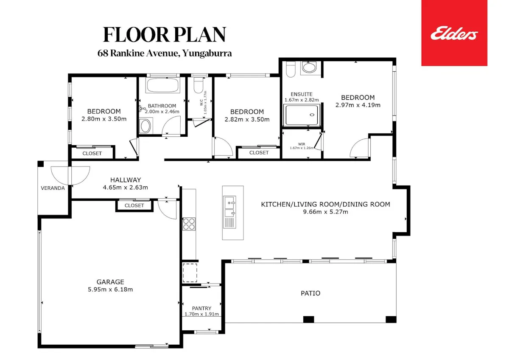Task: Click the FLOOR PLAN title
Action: coord(165,34)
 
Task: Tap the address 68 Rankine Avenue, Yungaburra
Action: coord(165,53)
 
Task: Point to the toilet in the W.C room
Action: coord(199,85)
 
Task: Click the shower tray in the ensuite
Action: coord(302,115)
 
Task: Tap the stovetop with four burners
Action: coord(189,224)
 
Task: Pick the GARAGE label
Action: coord(110,282)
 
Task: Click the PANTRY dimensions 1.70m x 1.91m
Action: coord(201,314)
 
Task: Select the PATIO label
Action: coord(310,293)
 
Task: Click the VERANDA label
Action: coord(53,188)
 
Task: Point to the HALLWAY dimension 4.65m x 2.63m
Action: coord(126,187)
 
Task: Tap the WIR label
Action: coord(302,144)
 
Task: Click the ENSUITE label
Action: coord(302,94)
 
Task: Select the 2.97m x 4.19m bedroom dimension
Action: coord(358,105)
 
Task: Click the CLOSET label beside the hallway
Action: coord(134,205)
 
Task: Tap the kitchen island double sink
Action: coord(229,212)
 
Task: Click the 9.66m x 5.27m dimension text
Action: coord(325,212)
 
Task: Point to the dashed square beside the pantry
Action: coord(190,273)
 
